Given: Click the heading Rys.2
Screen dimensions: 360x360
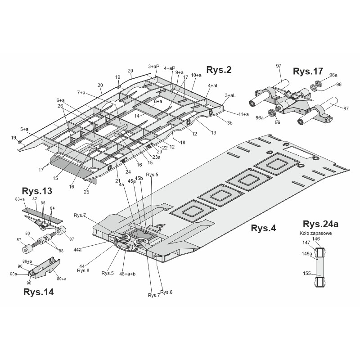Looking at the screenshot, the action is click(219, 70).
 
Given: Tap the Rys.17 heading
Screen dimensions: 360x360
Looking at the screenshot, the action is click(308, 72).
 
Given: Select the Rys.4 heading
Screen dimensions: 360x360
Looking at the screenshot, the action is click(263, 228).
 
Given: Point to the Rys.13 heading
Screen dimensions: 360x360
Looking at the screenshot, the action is click(37, 191).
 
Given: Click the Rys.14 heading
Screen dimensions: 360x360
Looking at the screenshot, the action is click(39, 292).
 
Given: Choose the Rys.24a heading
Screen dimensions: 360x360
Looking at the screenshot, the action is click(320, 224).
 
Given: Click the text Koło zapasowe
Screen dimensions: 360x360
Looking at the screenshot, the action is click(316, 233).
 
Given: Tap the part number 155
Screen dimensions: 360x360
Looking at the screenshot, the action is click(307, 274).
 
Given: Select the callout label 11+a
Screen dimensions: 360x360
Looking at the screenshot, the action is click(243, 114).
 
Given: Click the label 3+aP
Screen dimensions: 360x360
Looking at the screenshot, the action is click(153, 66).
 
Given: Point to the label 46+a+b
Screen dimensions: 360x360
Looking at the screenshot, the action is click(127, 274).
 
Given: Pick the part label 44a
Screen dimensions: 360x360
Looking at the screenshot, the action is click(77, 250).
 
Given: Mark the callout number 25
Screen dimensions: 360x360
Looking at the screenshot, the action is click(86, 192).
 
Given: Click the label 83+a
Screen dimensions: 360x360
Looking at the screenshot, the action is click(20, 199).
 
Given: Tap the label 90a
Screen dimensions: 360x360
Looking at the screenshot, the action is click(13, 274).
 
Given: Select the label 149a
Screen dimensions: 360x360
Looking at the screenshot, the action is click(307, 254).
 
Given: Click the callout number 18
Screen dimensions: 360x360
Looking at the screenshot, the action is click(183, 143).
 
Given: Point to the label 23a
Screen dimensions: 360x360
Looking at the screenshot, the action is click(156, 157).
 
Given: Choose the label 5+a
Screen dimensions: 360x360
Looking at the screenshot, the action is click(24, 129).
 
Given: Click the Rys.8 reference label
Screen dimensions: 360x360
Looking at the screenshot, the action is click(83, 271).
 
